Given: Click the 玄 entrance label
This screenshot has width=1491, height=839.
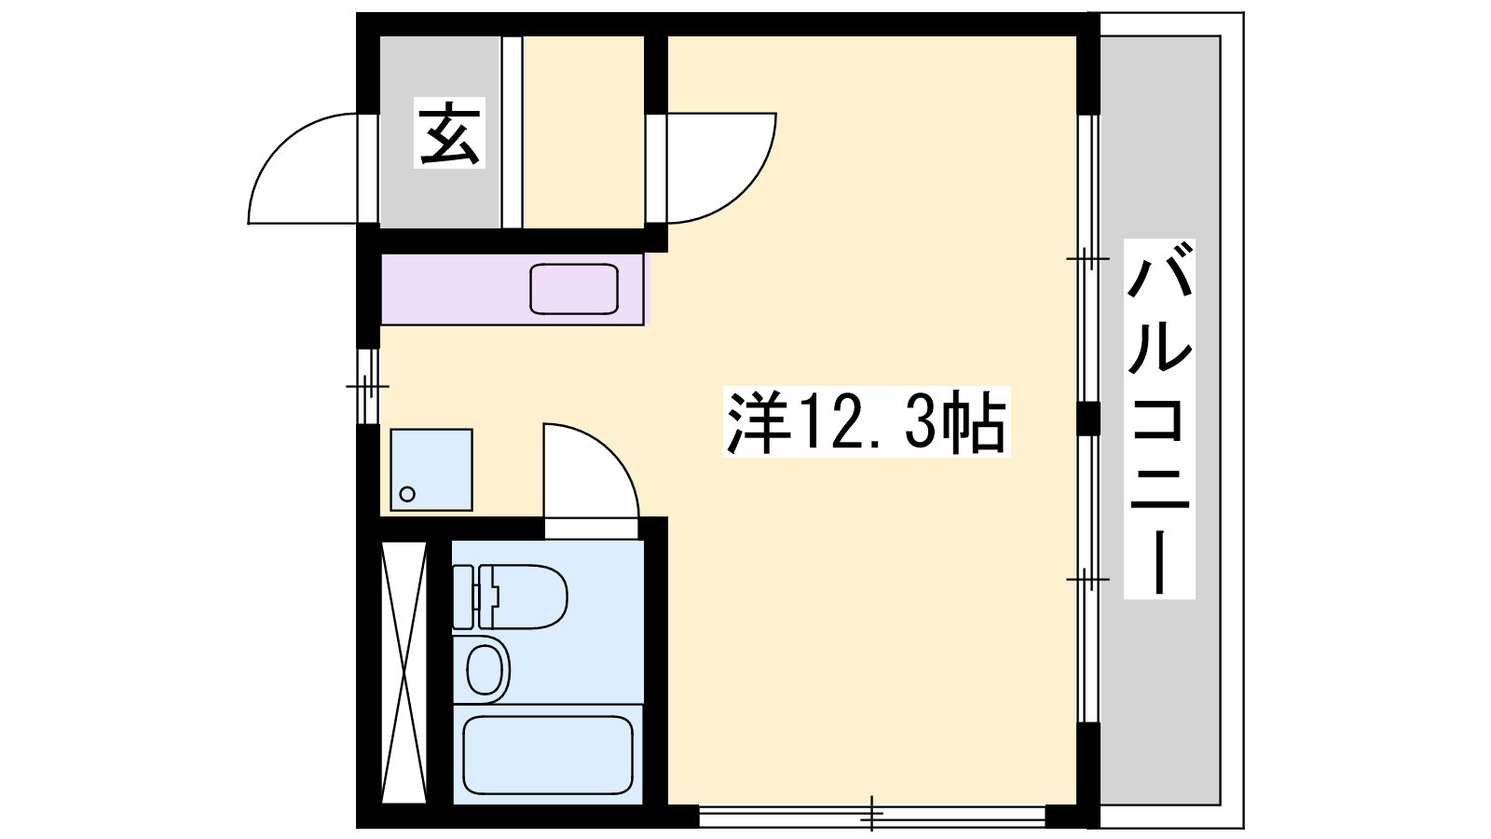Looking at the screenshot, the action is point(449,132).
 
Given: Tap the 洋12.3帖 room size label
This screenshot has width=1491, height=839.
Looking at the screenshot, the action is point(867,421).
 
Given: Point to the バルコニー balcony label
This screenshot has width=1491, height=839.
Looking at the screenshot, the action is point(1159,419).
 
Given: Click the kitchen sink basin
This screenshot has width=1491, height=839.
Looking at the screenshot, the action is point(574,289).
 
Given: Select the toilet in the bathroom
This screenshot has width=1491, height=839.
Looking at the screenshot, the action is point(509,598).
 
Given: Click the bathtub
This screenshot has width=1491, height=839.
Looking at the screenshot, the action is point(547,754).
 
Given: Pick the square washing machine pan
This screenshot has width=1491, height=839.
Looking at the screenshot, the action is point(431,470).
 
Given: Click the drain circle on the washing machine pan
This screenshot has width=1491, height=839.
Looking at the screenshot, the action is point(407,494).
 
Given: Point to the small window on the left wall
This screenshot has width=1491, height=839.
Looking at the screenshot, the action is point(368,386).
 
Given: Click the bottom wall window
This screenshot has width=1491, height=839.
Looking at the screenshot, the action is point(872,816).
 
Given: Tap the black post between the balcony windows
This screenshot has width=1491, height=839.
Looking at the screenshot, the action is point(1088,419).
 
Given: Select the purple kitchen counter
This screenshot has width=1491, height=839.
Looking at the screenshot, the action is point(513,289).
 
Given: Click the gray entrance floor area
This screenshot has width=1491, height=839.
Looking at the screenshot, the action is point(440,131).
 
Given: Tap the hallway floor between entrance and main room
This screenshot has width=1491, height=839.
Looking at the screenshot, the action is point(583,131).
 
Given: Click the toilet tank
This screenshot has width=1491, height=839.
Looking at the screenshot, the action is point(463,598).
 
